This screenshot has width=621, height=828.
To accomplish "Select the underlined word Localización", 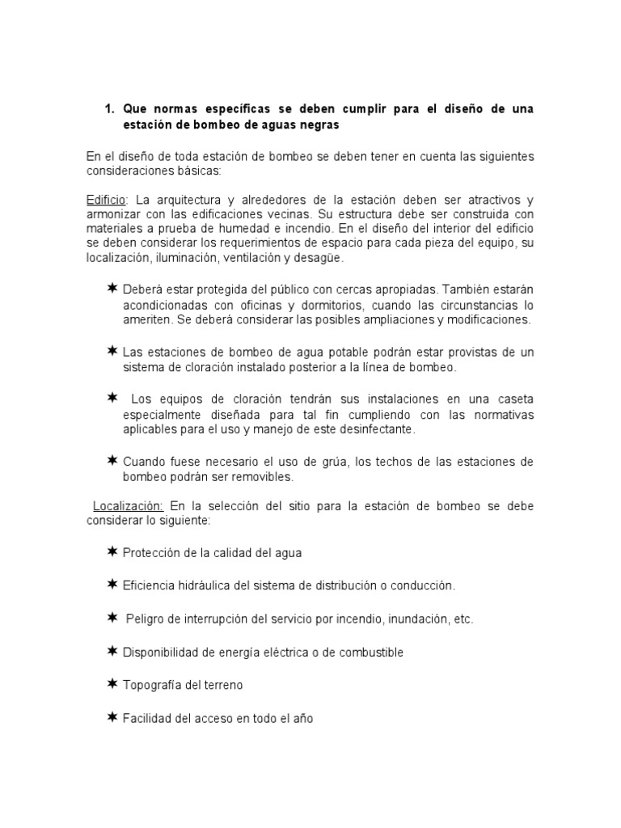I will point(128,506).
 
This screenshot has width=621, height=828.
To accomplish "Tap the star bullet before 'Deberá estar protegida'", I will point(112,289).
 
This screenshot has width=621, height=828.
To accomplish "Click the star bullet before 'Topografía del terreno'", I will point(112,684).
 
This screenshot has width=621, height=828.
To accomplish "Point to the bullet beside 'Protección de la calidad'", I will point(112,551).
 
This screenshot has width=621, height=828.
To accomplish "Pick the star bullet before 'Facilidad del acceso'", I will point(112,716).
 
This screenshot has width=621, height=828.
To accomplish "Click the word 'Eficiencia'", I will point(150,585).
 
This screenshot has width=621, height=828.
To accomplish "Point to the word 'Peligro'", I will point(147,619).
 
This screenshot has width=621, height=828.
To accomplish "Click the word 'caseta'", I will point(513,399).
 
